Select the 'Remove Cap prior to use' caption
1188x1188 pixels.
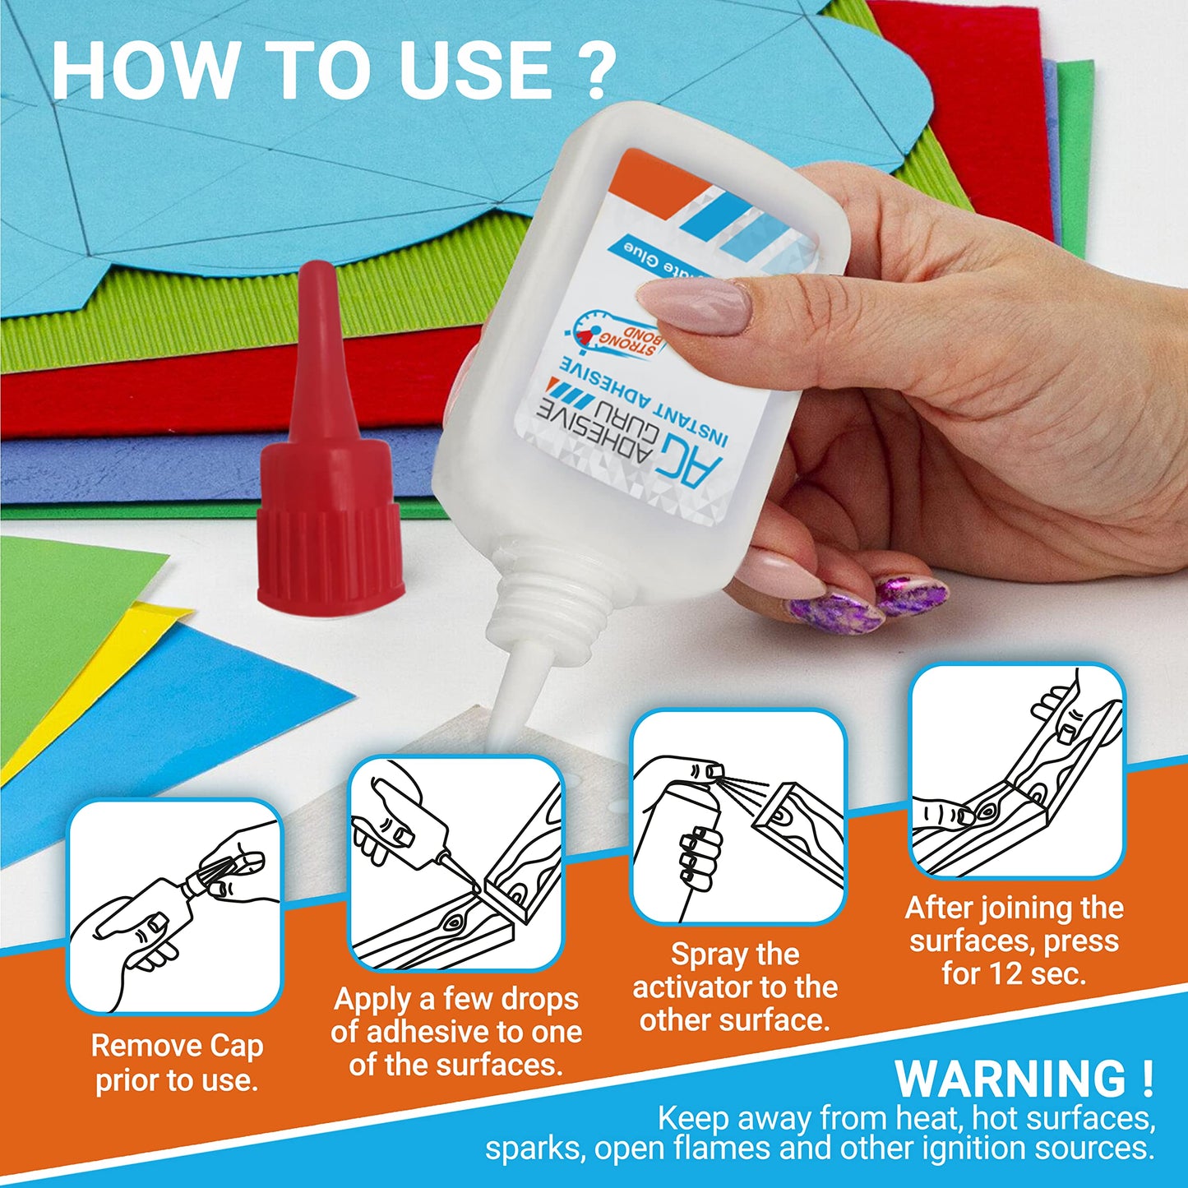177,1062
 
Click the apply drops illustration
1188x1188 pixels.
456,863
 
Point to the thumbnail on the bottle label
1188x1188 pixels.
695,306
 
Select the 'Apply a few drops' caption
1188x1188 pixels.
456,1031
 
